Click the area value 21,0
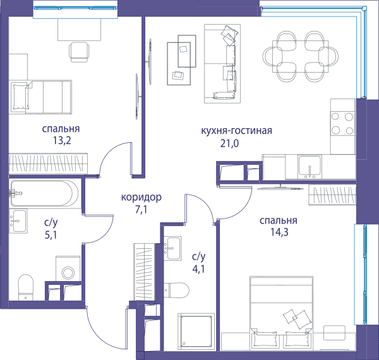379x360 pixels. click(x=229, y=143)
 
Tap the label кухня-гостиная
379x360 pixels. click(x=236, y=131)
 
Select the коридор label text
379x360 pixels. click(x=141, y=198)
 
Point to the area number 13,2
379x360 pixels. click(x=62, y=140)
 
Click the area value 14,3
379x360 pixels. click(x=279, y=232)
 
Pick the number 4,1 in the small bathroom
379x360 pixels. click(x=198, y=269)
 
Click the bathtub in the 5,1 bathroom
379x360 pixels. click(x=44, y=193)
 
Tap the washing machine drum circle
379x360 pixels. click(x=68, y=273)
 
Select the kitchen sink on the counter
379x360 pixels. click(x=310, y=167)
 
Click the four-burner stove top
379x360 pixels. click(x=342, y=123)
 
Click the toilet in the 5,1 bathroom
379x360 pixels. click(x=26, y=287)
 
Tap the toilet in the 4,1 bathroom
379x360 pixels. click(x=176, y=291)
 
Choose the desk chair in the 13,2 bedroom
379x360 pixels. click(x=79, y=52)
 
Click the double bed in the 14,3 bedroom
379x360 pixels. click(x=282, y=313)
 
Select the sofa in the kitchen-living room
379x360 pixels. click(x=222, y=64)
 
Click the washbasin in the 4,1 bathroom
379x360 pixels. click(x=172, y=248)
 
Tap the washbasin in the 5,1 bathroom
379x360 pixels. click(x=18, y=221)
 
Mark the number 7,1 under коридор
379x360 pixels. click(x=141, y=210)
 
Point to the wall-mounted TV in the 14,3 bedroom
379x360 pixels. click(x=280, y=188)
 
